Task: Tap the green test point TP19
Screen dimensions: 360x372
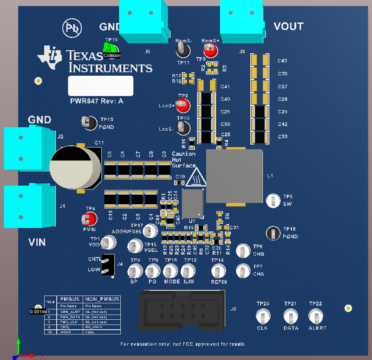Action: point(111,47)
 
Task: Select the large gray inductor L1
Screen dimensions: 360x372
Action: point(234,176)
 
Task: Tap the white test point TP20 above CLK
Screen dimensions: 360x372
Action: point(262,317)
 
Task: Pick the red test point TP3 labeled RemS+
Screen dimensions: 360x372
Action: point(210,51)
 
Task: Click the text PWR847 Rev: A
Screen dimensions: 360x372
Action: point(97,101)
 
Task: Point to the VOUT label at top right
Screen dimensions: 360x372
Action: point(288,26)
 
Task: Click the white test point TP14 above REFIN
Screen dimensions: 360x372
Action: point(218,271)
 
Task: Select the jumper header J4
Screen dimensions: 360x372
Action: point(108,264)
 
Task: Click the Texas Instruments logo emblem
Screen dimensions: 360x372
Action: point(50,56)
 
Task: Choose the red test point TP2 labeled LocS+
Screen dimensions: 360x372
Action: point(183,104)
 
